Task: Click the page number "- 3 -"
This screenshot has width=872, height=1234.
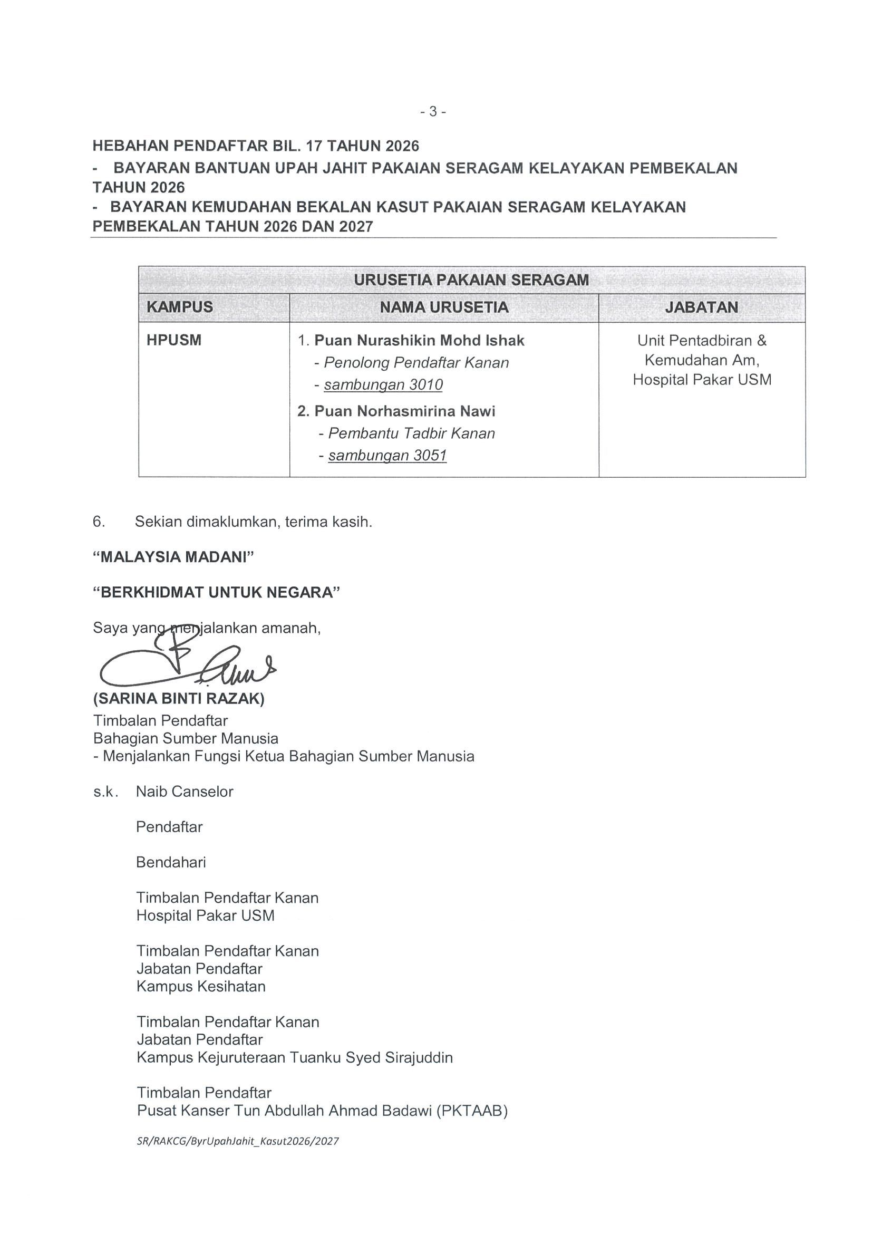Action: click(433, 112)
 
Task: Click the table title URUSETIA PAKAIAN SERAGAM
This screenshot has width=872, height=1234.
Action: click(471, 280)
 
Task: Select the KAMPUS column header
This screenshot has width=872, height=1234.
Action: click(179, 307)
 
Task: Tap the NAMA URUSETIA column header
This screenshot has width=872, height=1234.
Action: click(444, 307)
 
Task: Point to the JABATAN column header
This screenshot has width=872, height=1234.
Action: click(702, 307)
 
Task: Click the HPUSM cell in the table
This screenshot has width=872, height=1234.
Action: click(173, 340)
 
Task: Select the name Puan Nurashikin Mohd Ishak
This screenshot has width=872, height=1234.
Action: click(419, 340)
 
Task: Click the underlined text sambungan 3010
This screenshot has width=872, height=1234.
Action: click(383, 385)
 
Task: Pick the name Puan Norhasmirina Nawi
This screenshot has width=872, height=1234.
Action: click(404, 411)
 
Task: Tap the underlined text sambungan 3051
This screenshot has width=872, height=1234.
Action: click(387, 456)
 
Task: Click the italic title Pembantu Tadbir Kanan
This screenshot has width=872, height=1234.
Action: click(411, 433)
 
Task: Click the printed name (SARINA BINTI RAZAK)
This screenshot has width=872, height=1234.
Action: click(178, 699)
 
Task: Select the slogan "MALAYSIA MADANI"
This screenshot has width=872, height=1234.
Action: click(173, 557)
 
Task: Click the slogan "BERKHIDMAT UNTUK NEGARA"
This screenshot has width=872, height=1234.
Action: click(217, 592)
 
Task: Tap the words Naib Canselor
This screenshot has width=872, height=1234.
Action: click(185, 792)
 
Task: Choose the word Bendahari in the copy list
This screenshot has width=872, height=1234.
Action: click(171, 863)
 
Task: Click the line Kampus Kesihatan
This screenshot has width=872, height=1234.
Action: click(201, 987)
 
